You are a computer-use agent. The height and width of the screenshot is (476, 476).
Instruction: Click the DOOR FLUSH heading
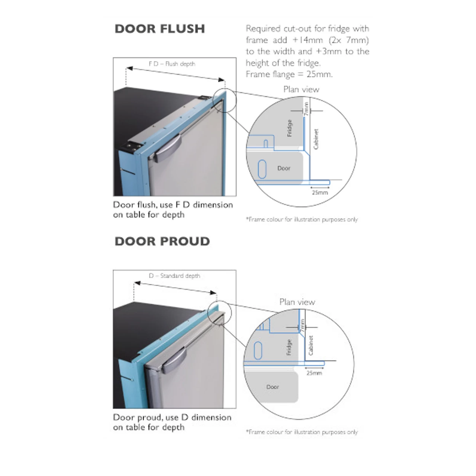click(160, 29)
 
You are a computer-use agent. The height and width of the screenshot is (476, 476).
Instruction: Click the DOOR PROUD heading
click(162, 241)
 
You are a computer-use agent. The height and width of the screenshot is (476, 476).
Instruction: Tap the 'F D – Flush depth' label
click(172, 64)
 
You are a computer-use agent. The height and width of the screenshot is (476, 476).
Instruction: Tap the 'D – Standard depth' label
click(174, 276)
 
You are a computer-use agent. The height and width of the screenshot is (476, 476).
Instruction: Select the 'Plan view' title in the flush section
click(301, 89)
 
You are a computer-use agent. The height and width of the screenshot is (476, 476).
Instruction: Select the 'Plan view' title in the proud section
click(297, 302)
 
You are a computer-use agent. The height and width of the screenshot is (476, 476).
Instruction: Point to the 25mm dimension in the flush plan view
click(320, 193)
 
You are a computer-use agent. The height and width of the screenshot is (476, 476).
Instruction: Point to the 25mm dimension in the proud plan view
click(314, 373)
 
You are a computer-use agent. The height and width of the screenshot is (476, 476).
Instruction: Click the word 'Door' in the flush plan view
click(284, 168)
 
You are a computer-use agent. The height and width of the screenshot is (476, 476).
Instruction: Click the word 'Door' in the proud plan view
click(273, 387)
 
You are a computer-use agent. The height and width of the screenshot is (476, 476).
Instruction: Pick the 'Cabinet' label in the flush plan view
click(316, 139)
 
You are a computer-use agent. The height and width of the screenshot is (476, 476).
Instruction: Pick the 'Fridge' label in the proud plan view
click(289, 347)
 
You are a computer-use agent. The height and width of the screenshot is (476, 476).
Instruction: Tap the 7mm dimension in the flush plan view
click(306, 109)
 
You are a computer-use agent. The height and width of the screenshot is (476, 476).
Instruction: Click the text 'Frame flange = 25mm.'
click(289, 74)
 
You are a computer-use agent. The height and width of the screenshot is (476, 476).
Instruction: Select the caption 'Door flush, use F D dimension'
click(173, 205)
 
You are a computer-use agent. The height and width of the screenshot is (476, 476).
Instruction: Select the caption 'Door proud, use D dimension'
click(172, 418)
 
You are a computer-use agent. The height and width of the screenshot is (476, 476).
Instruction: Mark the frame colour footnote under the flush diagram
click(302, 219)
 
